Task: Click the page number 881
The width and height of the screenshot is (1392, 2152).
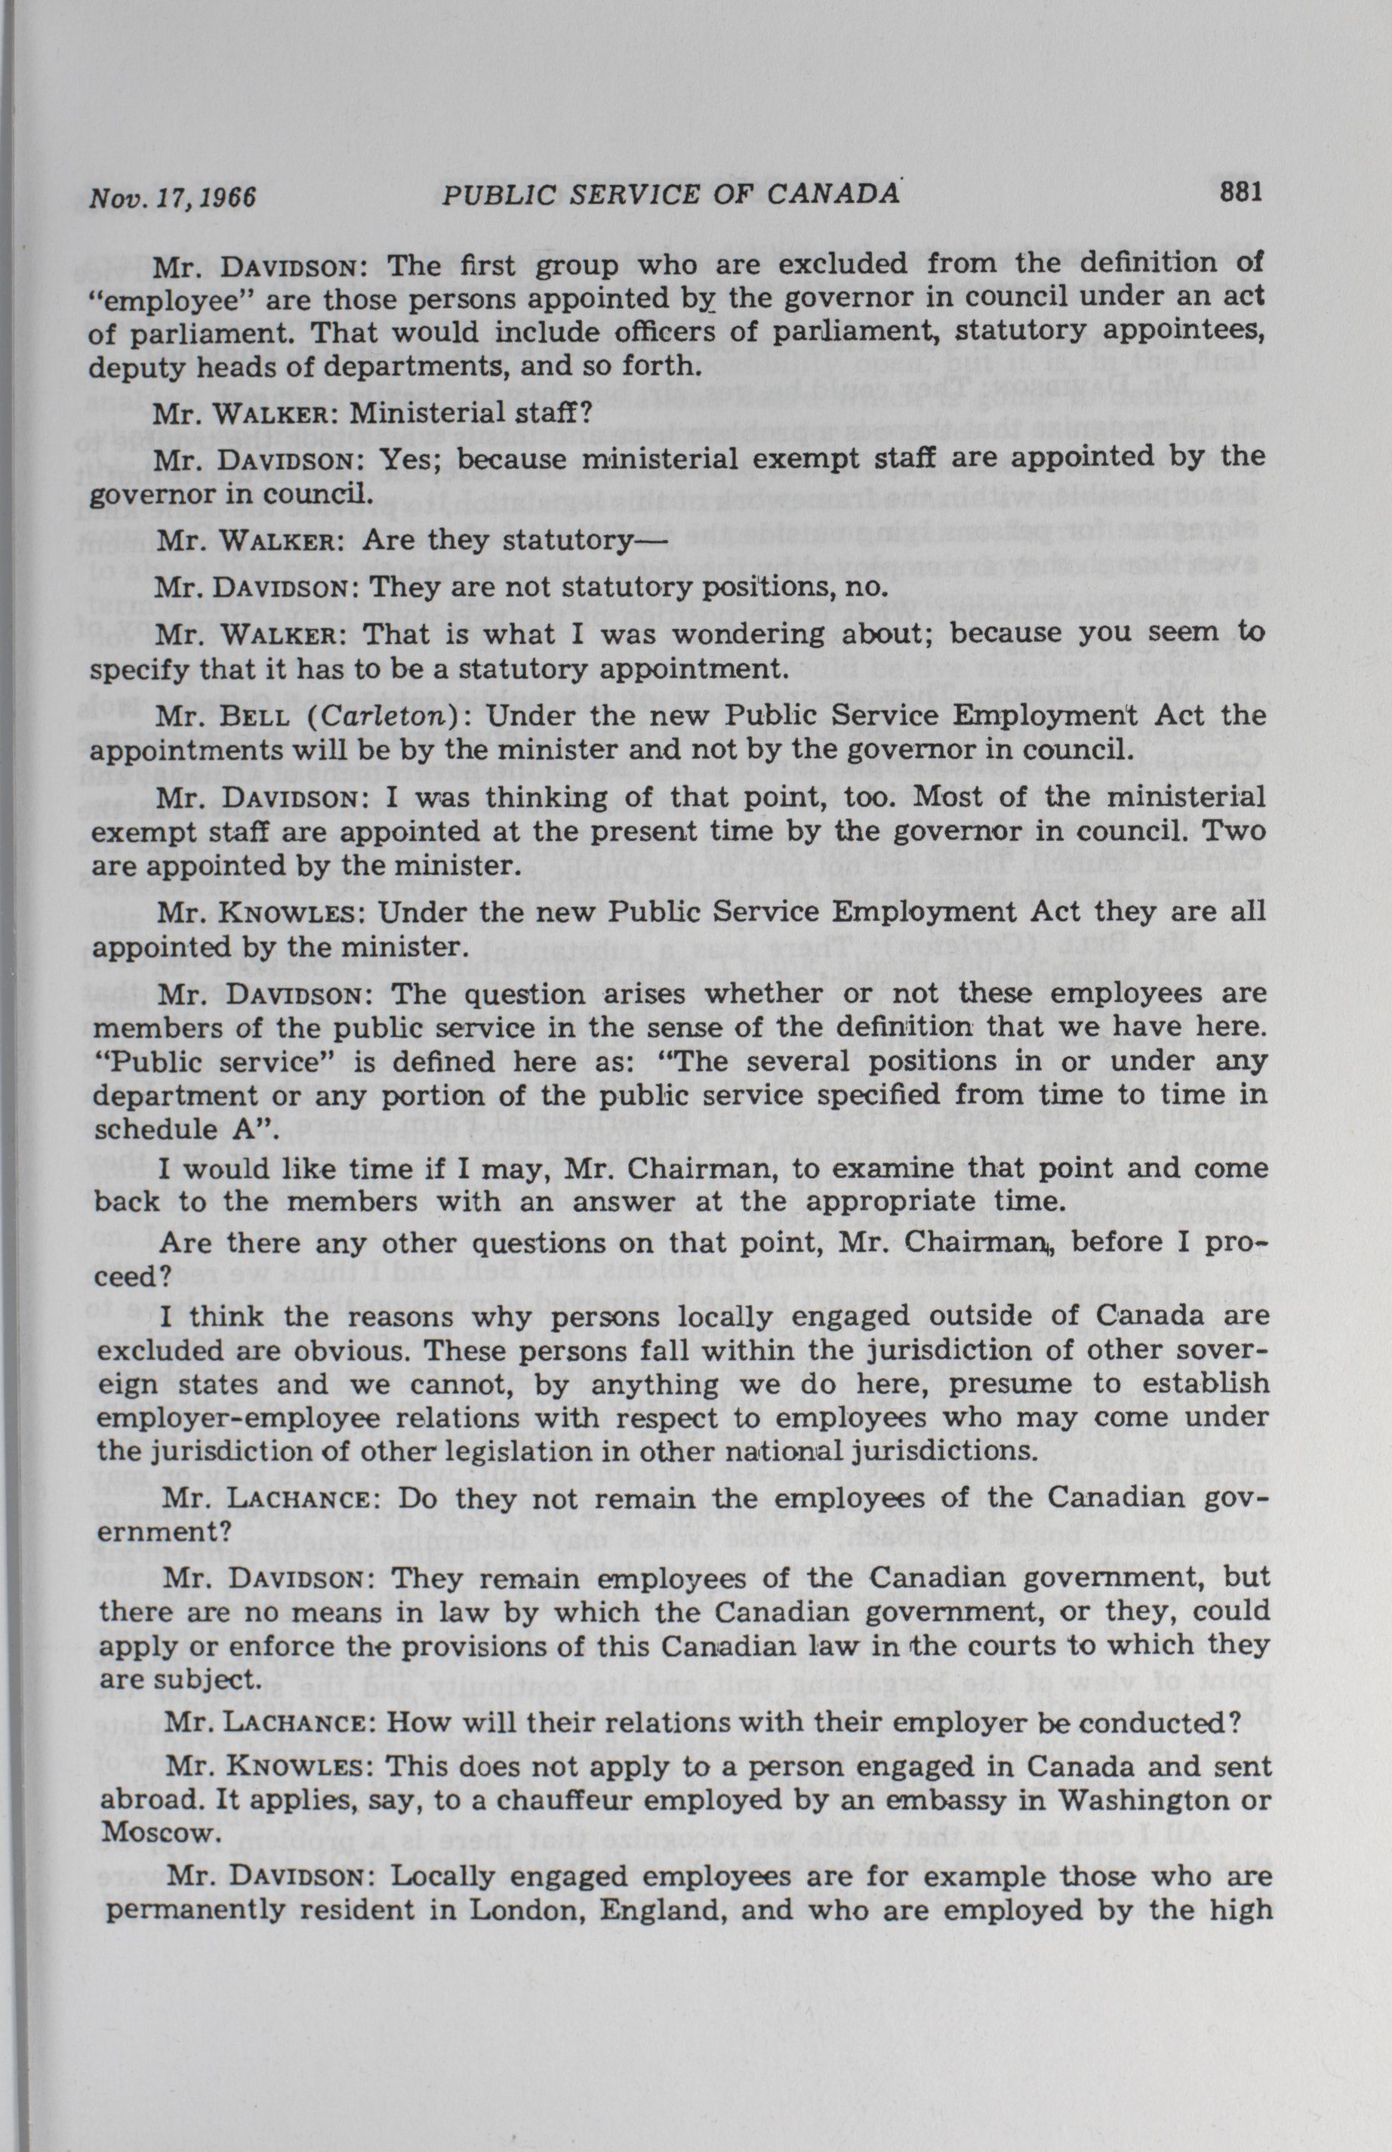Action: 1240,193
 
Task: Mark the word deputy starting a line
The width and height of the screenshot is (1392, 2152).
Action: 133,368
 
